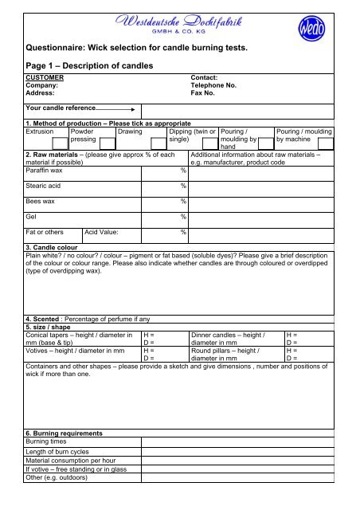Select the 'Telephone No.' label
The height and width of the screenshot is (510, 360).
coord(214,87)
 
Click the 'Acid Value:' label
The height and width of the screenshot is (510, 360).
coord(106,232)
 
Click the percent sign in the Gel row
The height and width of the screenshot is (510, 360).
coord(183,217)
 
